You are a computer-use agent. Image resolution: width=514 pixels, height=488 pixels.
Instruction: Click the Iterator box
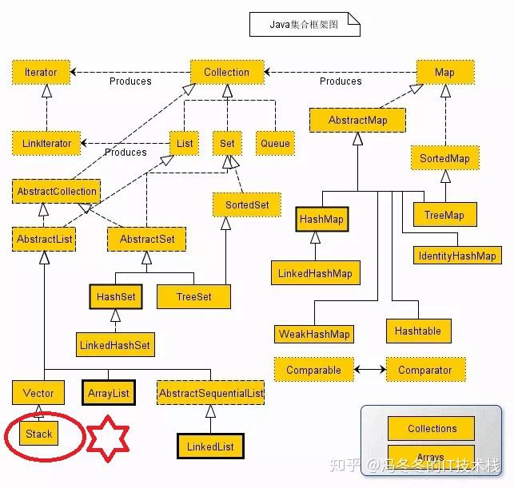coord(41,72)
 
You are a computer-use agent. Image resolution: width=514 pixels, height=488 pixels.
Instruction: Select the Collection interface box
coord(226,72)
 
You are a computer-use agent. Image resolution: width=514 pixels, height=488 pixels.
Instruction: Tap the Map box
coord(444,72)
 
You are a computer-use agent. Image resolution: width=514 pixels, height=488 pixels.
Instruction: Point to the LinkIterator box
coord(46,144)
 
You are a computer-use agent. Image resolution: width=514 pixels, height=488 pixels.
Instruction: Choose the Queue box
coord(275,144)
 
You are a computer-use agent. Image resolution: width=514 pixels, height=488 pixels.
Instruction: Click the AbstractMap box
coord(357,120)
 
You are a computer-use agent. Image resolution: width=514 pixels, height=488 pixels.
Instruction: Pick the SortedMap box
coord(444,158)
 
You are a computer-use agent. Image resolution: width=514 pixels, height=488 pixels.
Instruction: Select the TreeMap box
coord(444,214)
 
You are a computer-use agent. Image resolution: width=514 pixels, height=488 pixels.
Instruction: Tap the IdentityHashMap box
coord(457,256)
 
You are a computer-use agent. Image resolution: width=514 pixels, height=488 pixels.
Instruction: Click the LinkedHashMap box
coord(315,273)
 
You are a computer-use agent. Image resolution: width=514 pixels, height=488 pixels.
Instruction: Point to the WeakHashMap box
coord(314,334)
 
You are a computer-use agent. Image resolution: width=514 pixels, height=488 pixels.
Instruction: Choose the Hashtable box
coord(418,331)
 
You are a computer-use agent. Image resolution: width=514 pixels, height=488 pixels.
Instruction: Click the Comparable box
coord(313,370)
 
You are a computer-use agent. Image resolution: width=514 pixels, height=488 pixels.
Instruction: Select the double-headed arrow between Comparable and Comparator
coord(370,371)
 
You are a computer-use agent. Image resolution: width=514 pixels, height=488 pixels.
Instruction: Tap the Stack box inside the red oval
coord(38,434)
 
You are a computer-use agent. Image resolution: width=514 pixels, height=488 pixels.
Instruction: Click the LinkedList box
coord(210,446)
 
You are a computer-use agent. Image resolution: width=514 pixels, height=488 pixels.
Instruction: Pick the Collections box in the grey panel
coord(432,428)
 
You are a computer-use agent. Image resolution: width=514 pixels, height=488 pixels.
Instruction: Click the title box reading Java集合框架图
coord(305,25)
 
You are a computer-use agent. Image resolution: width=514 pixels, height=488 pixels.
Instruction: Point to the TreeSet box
coord(194,296)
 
